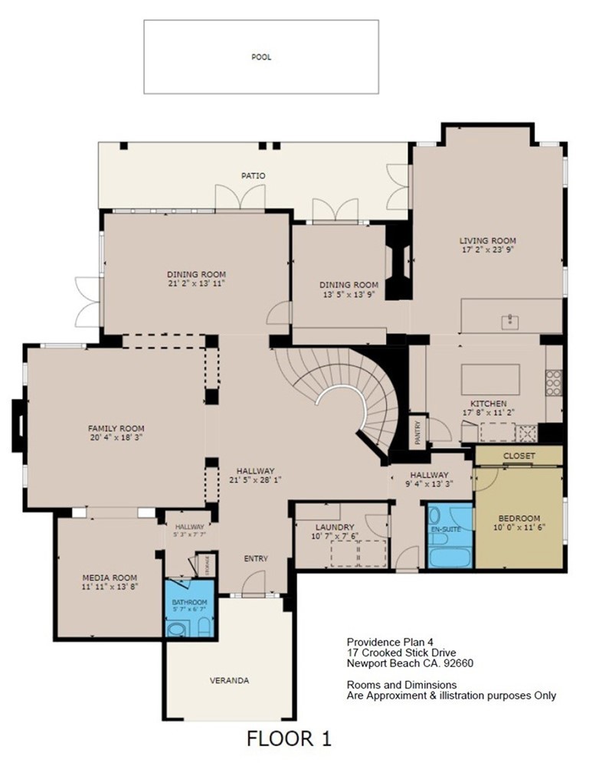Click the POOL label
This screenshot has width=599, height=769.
click(261, 57)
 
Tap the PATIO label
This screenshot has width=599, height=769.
click(254, 176)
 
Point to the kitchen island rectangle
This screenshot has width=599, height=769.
click(490, 378)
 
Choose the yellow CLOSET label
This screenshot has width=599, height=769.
click(519, 456)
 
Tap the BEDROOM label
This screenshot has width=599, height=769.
click(519, 518)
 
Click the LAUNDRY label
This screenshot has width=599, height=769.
click(335, 528)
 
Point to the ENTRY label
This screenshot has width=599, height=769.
click(256, 559)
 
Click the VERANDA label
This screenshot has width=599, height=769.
click(229, 680)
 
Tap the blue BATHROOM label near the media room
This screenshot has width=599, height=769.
click(189, 603)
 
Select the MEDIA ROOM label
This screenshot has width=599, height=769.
click(110, 578)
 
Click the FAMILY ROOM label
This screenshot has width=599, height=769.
click(116, 428)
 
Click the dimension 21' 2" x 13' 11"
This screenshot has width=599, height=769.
click(197, 283)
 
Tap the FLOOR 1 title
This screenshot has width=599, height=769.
click(289, 739)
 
